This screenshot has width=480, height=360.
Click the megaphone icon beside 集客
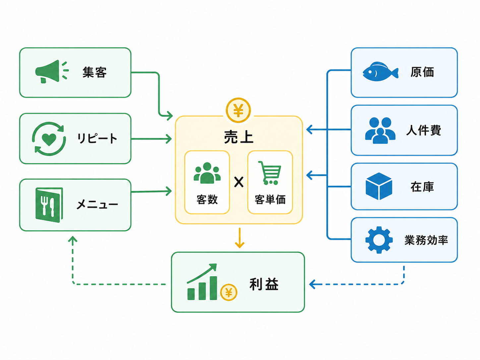(x=52, y=71)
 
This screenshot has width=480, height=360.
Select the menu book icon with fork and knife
(x=49, y=205)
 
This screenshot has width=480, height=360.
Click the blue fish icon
(x=380, y=72)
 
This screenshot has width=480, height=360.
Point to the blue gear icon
(x=379, y=240)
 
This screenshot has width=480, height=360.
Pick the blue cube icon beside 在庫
(x=379, y=186)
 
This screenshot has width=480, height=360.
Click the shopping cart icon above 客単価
(x=270, y=173)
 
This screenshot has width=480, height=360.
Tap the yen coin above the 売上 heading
(x=238, y=110)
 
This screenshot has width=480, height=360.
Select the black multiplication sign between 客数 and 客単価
(x=239, y=182)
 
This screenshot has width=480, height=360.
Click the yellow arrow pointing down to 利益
(x=240, y=238)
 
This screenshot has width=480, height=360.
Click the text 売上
(x=239, y=137)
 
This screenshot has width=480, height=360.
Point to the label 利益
(x=264, y=284)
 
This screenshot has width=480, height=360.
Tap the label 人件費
(x=424, y=130)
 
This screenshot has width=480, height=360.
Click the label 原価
(x=422, y=72)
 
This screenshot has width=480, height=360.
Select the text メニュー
(x=97, y=205)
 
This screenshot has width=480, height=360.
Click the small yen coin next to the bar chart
(x=229, y=292)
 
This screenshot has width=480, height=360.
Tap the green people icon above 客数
(x=207, y=173)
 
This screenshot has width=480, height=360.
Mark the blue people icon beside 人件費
(x=380, y=131)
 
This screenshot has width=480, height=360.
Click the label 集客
(x=95, y=72)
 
